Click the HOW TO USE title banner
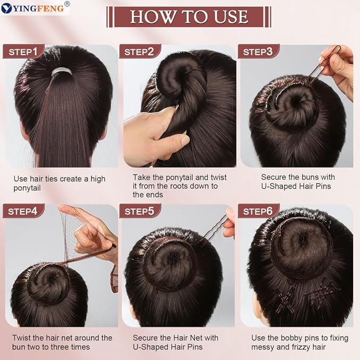(189, 16)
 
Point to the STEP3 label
(258, 51)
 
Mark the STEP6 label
(258, 212)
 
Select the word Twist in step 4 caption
(22, 337)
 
